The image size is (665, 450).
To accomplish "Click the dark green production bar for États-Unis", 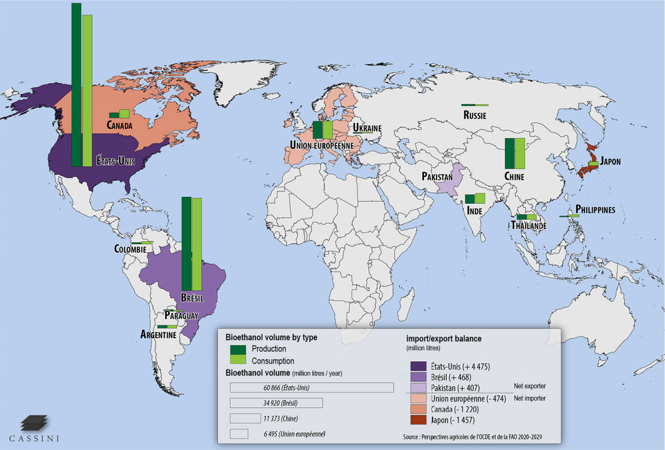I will click(76, 83).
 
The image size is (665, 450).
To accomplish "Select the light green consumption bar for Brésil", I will click(197, 242).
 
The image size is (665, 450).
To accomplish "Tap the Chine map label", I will click(514, 176).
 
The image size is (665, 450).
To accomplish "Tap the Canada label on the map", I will click(120, 126).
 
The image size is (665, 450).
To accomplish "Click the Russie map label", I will click(474, 116).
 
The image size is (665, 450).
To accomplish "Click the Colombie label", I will click(130, 249).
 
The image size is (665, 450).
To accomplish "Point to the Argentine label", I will click(158, 335).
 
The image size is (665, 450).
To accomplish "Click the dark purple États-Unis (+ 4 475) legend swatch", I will click(417, 366).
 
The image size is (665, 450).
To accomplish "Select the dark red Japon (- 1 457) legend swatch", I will click(417, 420).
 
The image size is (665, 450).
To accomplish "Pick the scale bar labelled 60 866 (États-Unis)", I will click(311, 387).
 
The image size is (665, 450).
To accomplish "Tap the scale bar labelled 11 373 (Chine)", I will click(245, 418).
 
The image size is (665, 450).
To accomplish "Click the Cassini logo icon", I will click(32, 424).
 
